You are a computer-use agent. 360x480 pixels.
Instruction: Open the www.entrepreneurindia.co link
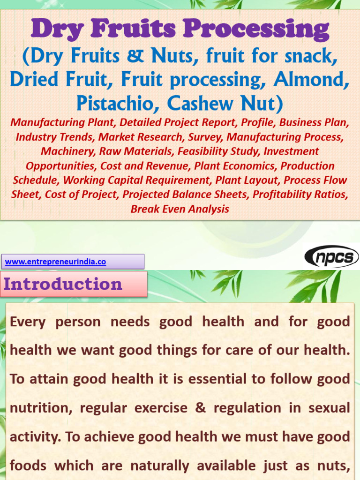pos(55,262)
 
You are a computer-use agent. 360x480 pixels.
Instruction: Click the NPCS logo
pos(331,257)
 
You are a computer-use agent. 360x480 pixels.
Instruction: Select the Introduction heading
pos(63,284)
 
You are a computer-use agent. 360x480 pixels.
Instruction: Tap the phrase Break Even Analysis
pos(180,209)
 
